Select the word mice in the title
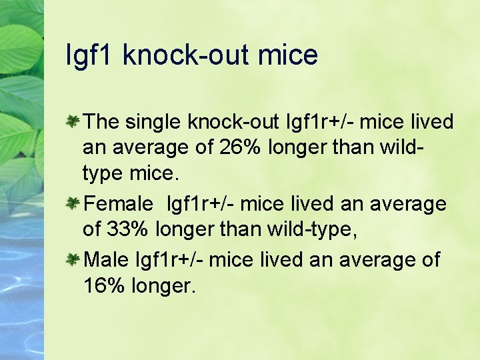(x=291, y=55)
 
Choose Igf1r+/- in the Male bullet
(x=171, y=259)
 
